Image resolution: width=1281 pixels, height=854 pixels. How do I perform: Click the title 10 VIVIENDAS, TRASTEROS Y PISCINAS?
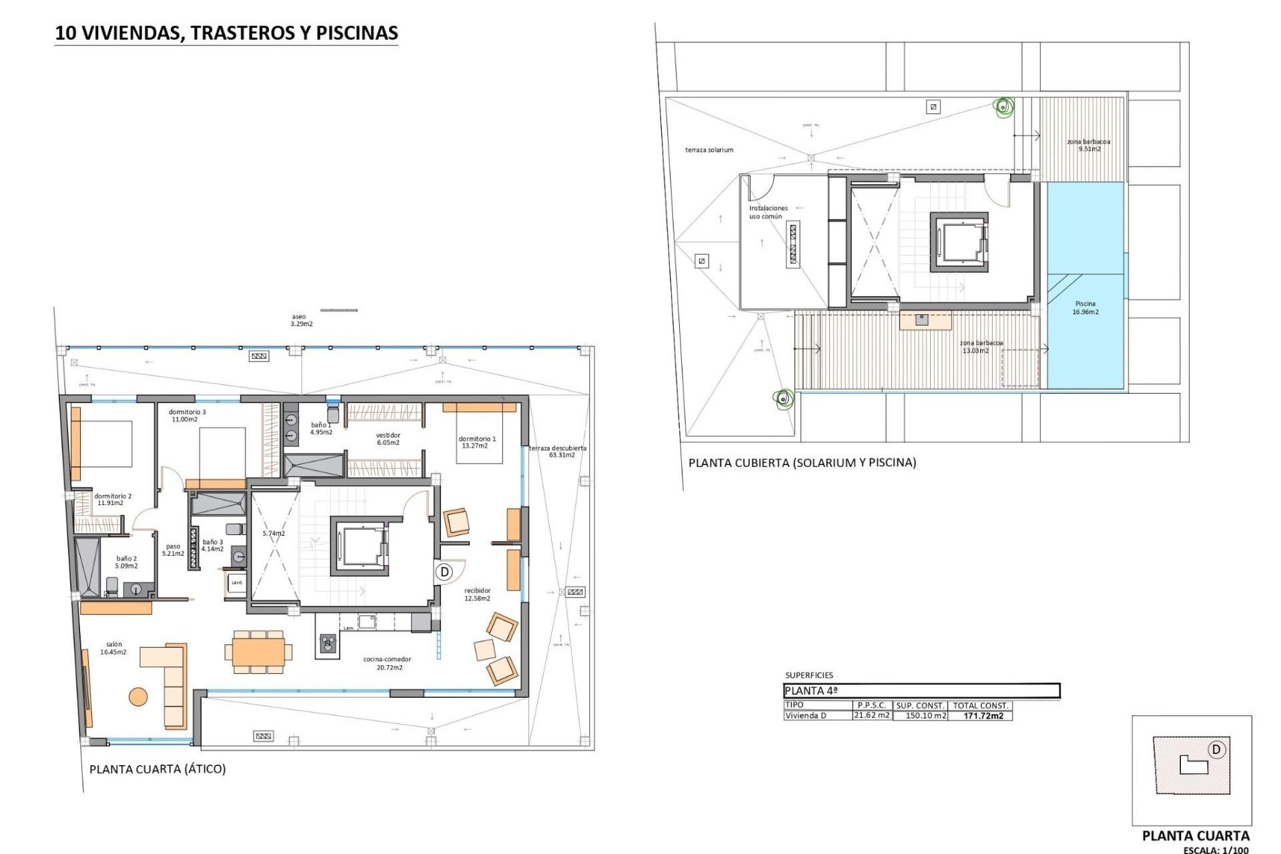click(226, 33)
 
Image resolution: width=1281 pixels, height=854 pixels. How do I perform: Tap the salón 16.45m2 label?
click(113, 649)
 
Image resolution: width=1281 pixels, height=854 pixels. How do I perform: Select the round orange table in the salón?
click(138, 697)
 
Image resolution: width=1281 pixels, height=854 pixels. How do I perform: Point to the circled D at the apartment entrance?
click(444, 572)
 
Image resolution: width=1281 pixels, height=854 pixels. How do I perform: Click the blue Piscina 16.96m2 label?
click(1086, 308)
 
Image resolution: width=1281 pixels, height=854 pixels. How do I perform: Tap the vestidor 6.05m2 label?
click(388, 438)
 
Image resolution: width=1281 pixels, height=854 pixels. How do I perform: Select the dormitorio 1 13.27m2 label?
click(477, 442)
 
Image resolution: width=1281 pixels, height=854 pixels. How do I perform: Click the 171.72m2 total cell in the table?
click(983, 716)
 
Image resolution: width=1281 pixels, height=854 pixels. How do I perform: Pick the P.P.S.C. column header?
click(871, 705)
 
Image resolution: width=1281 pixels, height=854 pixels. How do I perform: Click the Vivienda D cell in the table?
click(806, 716)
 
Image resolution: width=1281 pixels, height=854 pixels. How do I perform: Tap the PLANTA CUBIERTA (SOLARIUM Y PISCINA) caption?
click(802, 462)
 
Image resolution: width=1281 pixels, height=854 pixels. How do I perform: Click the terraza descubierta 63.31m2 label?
click(558, 452)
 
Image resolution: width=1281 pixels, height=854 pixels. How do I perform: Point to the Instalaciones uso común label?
click(768, 212)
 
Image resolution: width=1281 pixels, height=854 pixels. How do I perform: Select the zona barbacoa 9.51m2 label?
click(1088, 145)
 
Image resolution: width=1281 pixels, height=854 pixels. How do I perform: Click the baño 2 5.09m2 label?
click(126, 562)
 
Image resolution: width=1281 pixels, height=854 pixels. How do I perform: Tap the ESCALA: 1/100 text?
click(1216, 849)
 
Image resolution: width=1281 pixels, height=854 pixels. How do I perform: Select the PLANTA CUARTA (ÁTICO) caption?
click(157, 769)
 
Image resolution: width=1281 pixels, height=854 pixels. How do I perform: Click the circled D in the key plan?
click(1216, 750)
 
